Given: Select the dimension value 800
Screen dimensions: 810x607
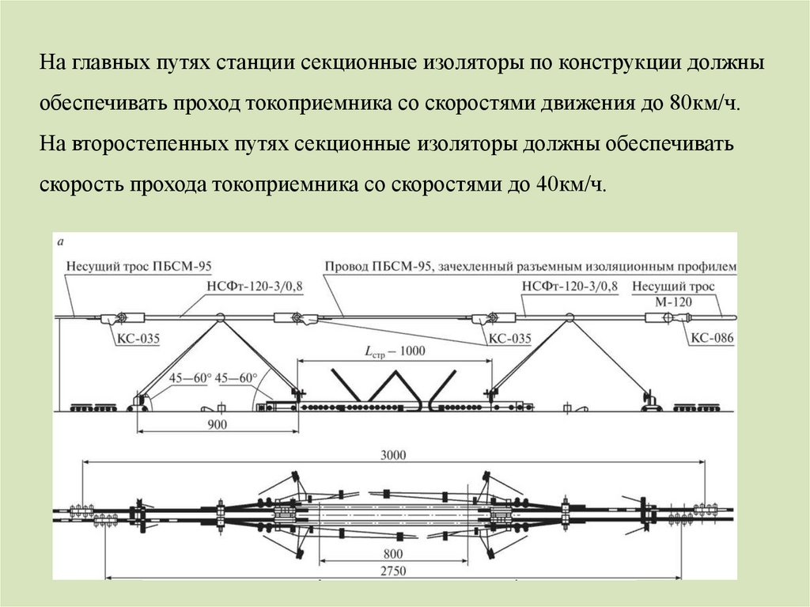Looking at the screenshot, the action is pos(394,553).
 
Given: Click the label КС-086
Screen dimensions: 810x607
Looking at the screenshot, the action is pos(712,340).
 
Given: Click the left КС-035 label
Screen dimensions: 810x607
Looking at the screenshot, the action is pos(138,340).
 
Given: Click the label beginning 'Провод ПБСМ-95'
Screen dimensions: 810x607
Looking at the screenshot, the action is pos(531,267).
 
